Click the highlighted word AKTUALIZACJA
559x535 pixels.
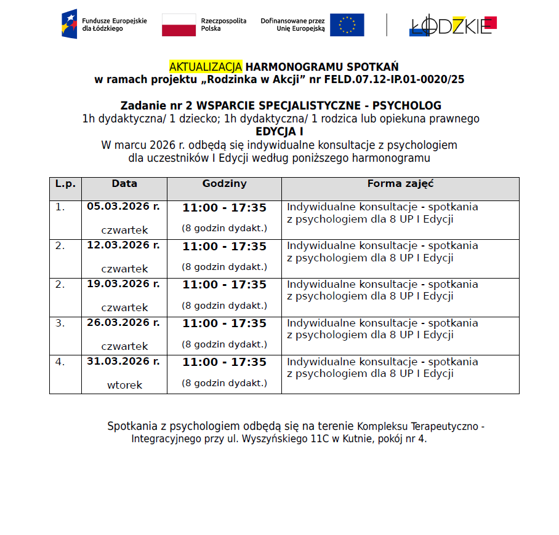[206, 66]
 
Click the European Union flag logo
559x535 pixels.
[347, 25]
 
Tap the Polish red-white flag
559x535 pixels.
[179, 25]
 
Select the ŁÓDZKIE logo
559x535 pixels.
[453, 25]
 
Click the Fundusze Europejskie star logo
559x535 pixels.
[69, 24]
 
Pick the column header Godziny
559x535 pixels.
[224, 183]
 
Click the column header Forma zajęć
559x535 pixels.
[400, 183]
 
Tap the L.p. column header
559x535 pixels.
[65, 183]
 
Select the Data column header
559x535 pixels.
[124, 183]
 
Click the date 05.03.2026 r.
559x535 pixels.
[123, 207]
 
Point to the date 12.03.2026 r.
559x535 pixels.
[123, 245]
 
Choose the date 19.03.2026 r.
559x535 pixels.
[123, 284]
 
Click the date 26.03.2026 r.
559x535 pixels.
[123, 323]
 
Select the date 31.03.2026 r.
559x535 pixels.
[123, 362]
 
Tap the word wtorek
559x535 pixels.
[124, 385]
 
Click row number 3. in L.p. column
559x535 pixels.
[60, 323]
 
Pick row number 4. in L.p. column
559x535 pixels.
[60, 362]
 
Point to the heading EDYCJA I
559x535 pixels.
[279, 132]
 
